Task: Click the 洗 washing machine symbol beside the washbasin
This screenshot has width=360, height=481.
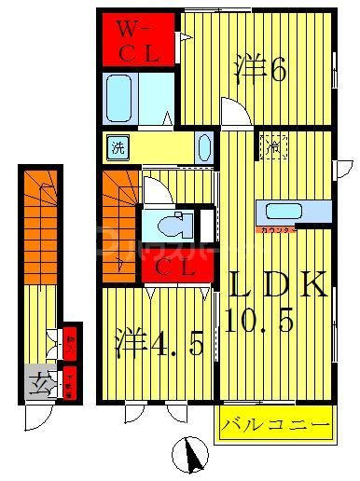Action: click(118, 147)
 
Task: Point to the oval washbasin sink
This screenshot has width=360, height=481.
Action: click(204, 147)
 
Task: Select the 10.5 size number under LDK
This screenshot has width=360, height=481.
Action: click(260, 322)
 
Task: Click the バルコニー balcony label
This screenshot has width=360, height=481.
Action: click(275, 426)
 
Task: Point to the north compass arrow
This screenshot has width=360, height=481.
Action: click(192, 457)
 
